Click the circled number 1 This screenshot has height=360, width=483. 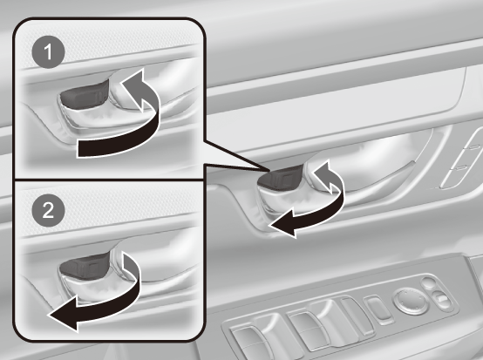point(48,51)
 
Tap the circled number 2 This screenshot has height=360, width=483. point(48,210)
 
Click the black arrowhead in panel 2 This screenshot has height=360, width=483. point(64,314)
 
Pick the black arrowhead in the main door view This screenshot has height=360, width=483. point(283,223)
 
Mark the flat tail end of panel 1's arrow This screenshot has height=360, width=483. point(78,148)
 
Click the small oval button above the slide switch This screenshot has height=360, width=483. point(428,282)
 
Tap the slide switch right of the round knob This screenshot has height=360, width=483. point(441,300)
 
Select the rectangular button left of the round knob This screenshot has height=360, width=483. point(378,309)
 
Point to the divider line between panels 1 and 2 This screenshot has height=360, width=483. point(109,180)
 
